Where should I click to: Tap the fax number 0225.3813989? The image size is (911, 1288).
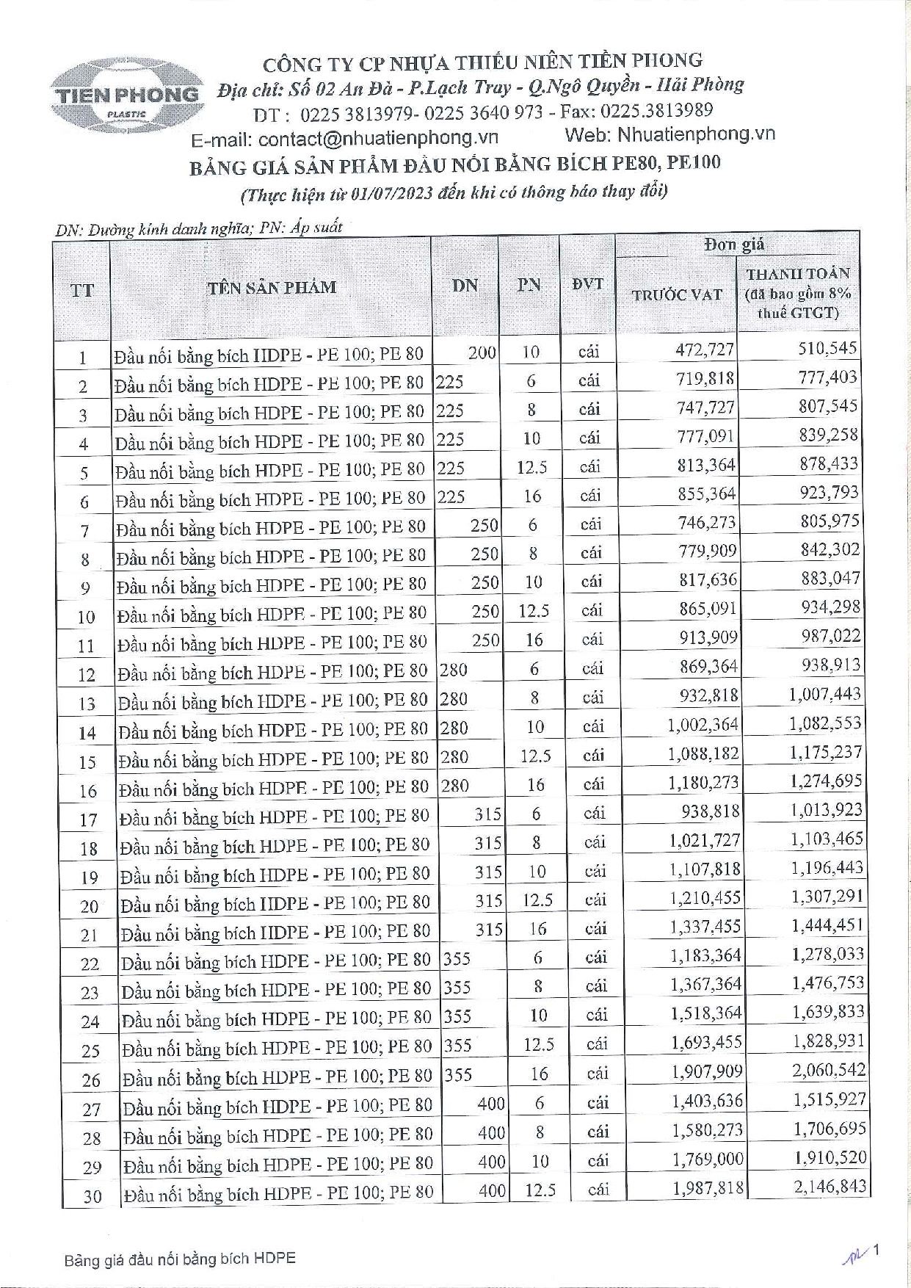coord(656,111)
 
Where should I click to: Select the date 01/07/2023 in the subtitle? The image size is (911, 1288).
coord(391,193)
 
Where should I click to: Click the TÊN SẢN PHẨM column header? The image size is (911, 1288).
coord(271,287)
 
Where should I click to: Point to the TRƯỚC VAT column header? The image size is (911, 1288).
coord(677,295)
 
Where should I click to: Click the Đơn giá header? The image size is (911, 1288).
coord(734,245)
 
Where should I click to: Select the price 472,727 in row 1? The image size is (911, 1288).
coord(705,350)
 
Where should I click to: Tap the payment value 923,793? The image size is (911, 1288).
coord(829,493)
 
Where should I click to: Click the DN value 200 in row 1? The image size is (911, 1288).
coord(482,352)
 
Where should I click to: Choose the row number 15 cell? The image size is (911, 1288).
coord(87,762)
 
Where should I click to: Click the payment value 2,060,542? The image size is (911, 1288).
coord(829,1071)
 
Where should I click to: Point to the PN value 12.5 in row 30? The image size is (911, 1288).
coord(540,1190)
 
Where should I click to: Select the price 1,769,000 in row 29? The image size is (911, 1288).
coord(708,1159)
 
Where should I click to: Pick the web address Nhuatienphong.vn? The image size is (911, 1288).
coord(696,134)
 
